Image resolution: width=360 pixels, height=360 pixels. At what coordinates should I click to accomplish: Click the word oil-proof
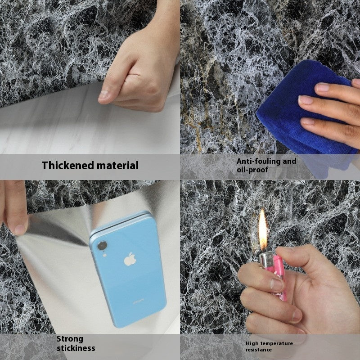[252, 170]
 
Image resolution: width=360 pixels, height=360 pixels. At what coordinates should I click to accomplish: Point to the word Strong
[70, 339]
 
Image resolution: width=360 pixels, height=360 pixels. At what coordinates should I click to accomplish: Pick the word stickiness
[76, 348]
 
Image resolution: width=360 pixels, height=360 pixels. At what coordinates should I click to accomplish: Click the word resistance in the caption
[259, 350]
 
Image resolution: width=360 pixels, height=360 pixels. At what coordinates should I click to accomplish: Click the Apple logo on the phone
[130, 259]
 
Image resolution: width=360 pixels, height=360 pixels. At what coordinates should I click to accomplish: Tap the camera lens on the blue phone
[102, 246]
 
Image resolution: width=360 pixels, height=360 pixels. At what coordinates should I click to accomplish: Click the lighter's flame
[263, 229]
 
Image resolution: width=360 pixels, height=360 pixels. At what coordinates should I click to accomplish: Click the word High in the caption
[252, 343]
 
